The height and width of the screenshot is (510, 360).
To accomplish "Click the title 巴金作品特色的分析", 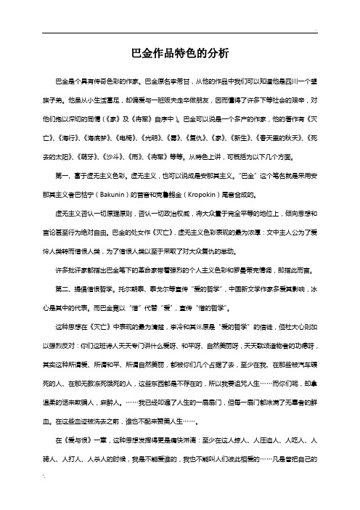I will (180, 52).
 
